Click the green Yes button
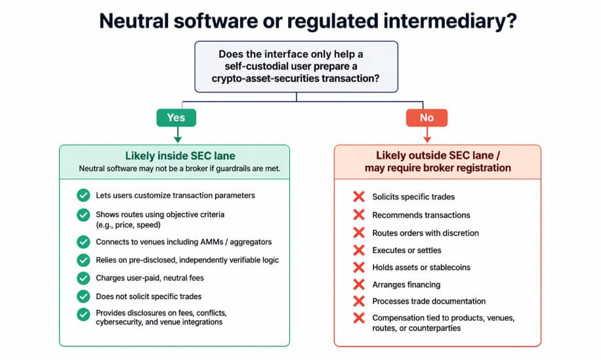click(175, 118)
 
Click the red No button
click(427, 118)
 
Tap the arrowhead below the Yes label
click(175, 138)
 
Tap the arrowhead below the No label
click(427, 138)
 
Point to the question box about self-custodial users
click(296, 66)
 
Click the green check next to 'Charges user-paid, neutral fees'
click(83, 277)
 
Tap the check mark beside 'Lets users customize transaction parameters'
click(83, 195)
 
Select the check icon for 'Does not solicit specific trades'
click(83, 296)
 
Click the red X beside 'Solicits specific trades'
click(359, 197)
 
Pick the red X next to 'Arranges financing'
click(359, 285)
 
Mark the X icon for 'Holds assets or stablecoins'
click(359, 268)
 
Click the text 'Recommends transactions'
click(421, 215)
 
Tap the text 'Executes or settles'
click(407, 250)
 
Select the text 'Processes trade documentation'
click(428, 302)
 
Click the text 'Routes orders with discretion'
click(425, 233)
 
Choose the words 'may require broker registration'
click(438, 169)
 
